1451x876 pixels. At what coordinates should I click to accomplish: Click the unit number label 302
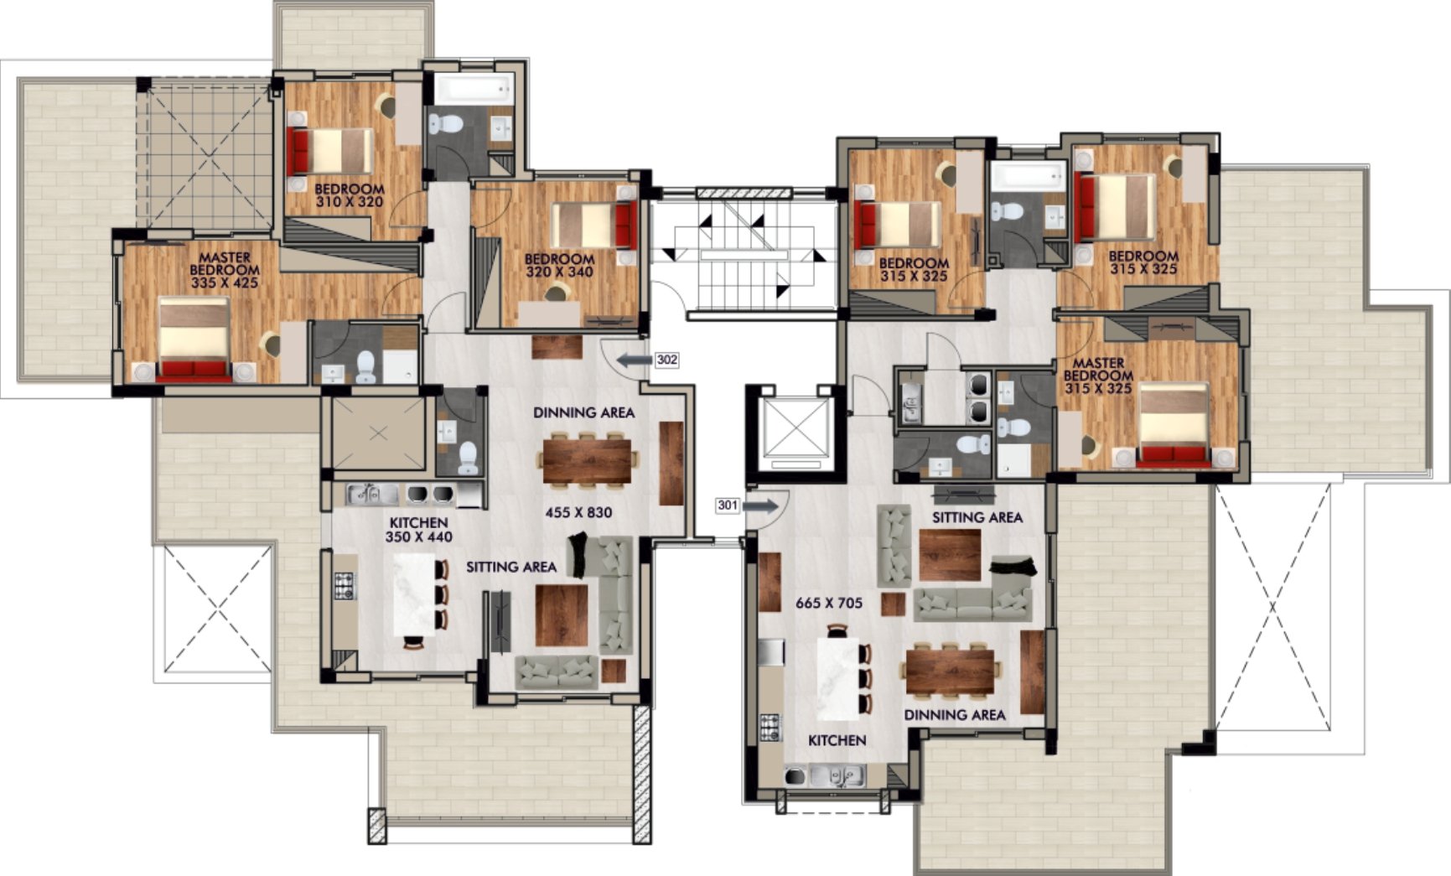point(667,360)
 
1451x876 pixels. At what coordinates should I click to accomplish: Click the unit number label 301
point(728,505)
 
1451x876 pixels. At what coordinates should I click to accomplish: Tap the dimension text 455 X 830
point(578,512)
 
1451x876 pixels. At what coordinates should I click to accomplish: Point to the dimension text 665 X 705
point(828,602)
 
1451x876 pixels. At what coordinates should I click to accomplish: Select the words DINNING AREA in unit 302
point(584,412)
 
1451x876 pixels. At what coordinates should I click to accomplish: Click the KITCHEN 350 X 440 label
point(418,530)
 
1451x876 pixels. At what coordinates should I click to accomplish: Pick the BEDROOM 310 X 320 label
point(350,195)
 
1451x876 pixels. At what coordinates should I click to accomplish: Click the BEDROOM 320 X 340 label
point(559,265)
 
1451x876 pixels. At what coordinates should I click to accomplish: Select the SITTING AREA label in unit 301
point(977,517)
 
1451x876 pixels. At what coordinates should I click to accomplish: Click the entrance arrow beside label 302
point(634,360)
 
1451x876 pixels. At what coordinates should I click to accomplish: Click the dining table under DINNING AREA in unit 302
point(587,459)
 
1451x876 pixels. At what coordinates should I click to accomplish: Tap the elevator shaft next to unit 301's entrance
point(792,433)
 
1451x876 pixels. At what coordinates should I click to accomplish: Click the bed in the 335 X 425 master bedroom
point(194,341)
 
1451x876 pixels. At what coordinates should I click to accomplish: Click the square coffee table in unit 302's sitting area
point(562,615)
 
